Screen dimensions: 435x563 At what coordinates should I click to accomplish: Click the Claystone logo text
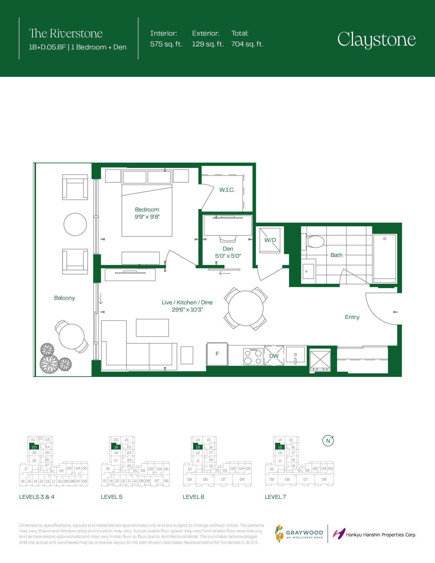pyautogui.click(x=376, y=40)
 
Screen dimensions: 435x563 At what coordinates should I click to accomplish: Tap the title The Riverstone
pyautogui.click(x=66, y=33)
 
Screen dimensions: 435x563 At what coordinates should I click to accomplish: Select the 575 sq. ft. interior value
pyautogui.click(x=166, y=44)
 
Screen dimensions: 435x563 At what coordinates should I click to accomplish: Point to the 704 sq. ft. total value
pyautogui.click(x=247, y=44)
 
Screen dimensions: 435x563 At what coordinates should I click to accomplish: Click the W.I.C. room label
pyautogui.click(x=227, y=190)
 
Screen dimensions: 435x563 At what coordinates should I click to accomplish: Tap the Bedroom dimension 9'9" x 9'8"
pyautogui.click(x=147, y=217)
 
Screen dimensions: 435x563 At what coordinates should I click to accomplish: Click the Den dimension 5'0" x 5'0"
pyautogui.click(x=228, y=256)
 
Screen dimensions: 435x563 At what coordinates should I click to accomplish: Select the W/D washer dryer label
pyautogui.click(x=270, y=240)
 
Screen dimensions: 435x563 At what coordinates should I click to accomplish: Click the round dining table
pyautogui.click(x=246, y=308)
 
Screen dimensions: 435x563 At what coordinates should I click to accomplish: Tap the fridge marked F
pyautogui.click(x=217, y=354)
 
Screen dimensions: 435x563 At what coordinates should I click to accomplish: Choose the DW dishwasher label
pyautogui.click(x=274, y=356)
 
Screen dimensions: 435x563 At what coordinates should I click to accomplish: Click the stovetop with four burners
pyautogui.click(x=253, y=356)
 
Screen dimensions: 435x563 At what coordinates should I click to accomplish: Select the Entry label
pyautogui.click(x=352, y=317)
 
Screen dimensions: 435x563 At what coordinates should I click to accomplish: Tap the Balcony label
pyautogui.click(x=64, y=298)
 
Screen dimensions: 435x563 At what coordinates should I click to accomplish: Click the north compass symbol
pyautogui.click(x=328, y=441)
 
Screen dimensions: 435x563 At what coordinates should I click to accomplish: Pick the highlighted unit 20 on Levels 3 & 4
pyautogui.click(x=34, y=447)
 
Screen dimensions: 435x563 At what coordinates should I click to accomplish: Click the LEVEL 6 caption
pyautogui.click(x=193, y=497)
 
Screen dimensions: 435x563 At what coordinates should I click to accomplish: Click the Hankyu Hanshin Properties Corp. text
pyautogui.click(x=381, y=535)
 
